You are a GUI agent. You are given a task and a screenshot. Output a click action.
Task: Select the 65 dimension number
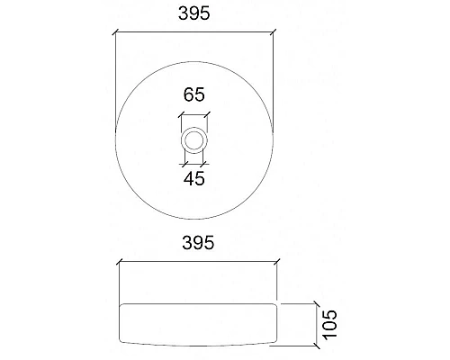click(194, 93)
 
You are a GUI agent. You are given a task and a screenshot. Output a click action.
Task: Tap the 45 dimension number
click(194, 178)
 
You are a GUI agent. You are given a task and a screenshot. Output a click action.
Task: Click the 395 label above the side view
click(194, 243)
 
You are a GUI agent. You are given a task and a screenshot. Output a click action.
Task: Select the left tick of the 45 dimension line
click(185, 164)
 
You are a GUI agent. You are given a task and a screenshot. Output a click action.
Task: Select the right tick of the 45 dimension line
click(204, 164)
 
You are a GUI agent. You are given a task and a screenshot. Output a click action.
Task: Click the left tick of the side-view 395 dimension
click(119, 263)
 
